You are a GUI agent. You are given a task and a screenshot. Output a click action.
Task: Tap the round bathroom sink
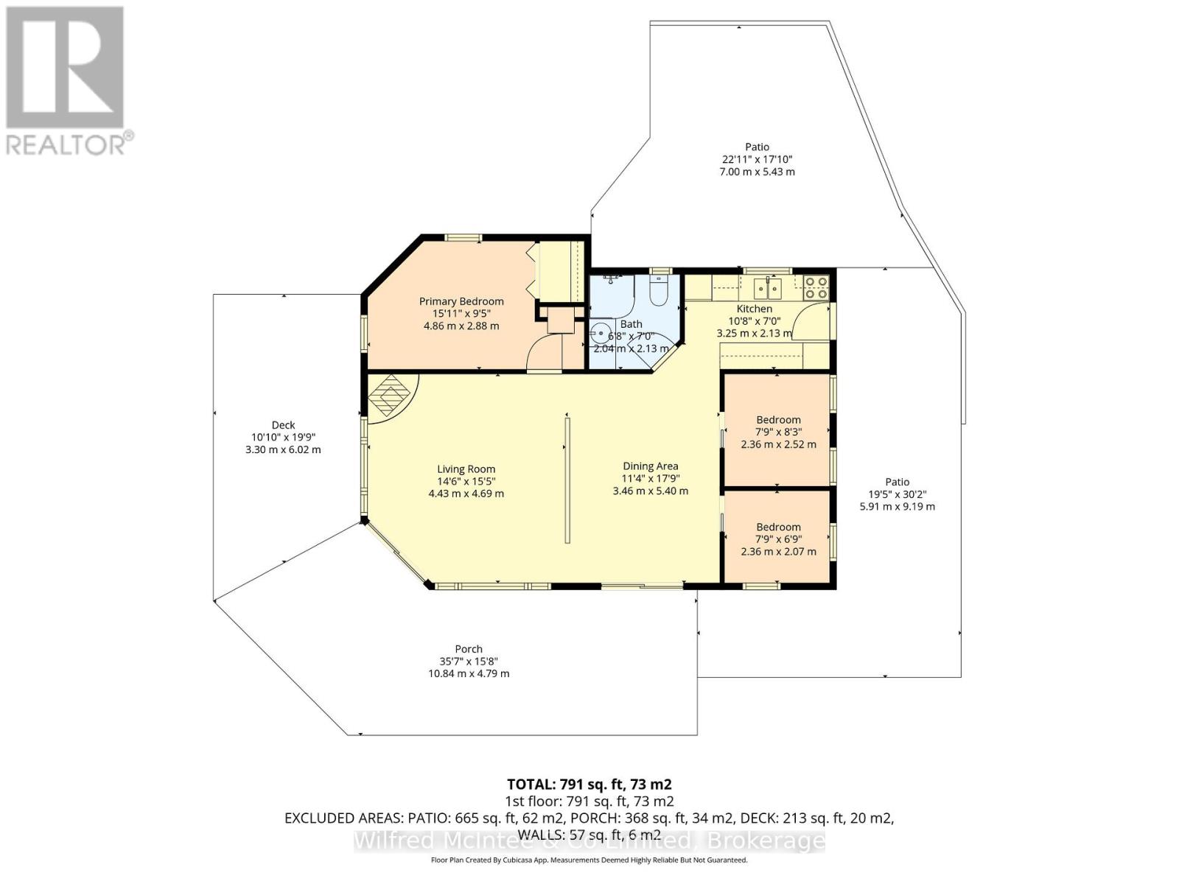[601, 332]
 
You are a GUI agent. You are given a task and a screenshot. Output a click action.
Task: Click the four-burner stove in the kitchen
[816, 287]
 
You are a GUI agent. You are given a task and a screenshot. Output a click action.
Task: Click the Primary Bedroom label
[461, 301]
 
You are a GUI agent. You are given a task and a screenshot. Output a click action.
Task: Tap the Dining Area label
[650, 466]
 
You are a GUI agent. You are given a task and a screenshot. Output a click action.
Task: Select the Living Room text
[466, 469]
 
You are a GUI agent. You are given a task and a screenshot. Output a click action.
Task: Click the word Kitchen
[755, 309]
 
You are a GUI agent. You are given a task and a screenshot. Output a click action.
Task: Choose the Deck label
[283, 425]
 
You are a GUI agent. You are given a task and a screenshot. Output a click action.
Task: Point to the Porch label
[469, 649]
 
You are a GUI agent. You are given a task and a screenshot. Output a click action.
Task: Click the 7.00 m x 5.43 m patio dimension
[757, 172]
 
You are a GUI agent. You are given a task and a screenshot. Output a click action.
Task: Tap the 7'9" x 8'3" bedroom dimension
[778, 432]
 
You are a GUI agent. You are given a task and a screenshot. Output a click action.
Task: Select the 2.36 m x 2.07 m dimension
[778, 551]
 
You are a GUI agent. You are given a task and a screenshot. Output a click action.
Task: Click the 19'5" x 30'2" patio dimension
[897, 494]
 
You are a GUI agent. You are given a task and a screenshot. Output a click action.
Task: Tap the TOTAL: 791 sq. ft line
[589, 784]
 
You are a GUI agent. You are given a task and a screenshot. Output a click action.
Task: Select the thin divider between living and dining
[567, 480]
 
